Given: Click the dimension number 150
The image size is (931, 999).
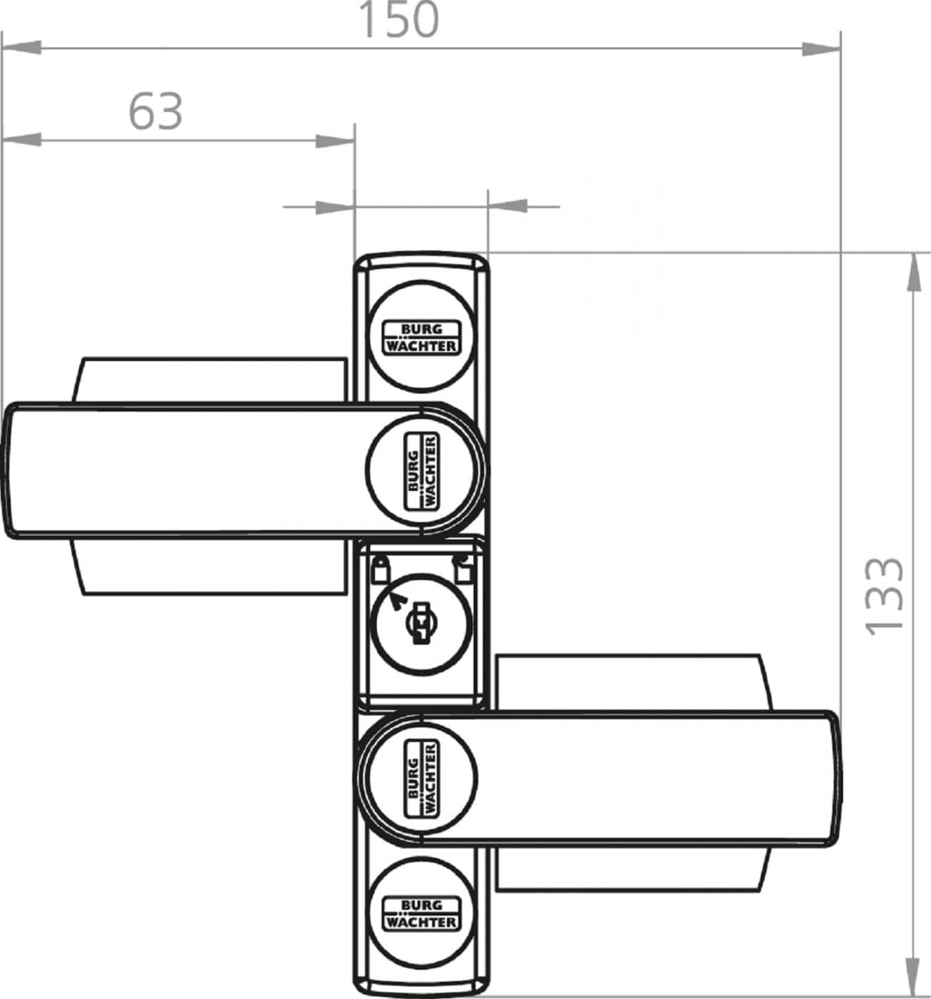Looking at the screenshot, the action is coord(400,20).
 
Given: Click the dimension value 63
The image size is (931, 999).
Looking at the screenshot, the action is coord(156,111).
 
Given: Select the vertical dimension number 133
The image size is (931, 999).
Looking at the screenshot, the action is coord(883,596).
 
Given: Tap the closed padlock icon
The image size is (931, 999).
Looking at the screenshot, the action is coord(381,569).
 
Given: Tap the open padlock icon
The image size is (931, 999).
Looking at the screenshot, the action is coord(462,568).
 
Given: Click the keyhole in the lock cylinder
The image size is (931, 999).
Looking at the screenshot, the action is coord(421,623).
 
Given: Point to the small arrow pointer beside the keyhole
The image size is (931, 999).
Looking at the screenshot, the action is coord(399,600).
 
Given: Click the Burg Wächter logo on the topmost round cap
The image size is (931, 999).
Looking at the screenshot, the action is coord(421,338).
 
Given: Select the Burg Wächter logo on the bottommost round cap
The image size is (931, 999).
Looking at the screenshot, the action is coord(421,914).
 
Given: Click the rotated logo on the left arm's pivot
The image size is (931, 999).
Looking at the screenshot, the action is coord(421,471).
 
